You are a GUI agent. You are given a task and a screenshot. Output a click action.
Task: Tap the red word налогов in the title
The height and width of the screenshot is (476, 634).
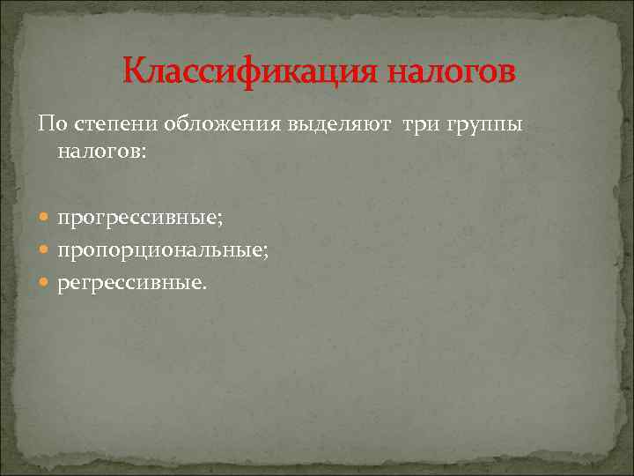coord(448,71)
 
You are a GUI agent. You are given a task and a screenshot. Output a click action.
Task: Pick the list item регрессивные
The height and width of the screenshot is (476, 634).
coord(130,285)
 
